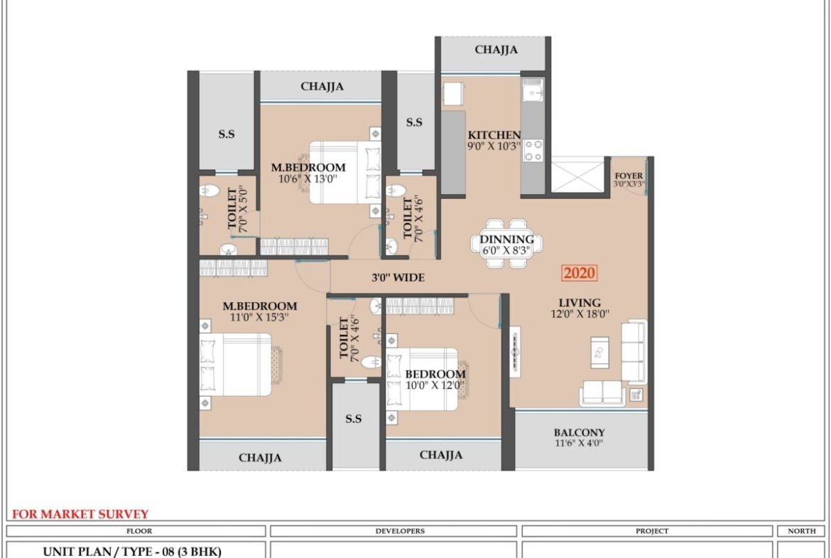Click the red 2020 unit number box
pyautogui.click(x=580, y=273)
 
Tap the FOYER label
pyautogui.click(x=629, y=176)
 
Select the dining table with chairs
pyautogui.click(x=506, y=244)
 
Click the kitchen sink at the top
pyautogui.click(x=532, y=90)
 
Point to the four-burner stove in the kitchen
pyautogui.click(x=533, y=150)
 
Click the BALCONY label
pyautogui.click(x=580, y=432)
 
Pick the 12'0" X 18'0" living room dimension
pyautogui.click(x=580, y=314)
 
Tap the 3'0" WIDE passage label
pyautogui.click(x=398, y=277)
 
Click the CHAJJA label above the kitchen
pyautogui.click(x=496, y=50)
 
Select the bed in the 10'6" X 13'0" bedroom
pyautogui.click(x=345, y=173)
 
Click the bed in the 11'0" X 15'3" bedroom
pyautogui.click(x=235, y=365)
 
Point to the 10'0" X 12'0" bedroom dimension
pyautogui.click(x=435, y=385)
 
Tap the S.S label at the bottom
pyautogui.click(x=354, y=419)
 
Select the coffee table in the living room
pyautogui.click(x=600, y=352)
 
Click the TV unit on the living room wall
pyautogui.click(x=515, y=352)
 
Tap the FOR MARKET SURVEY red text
pyautogui.click(x=80, y=514)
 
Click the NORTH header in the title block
pyautogui.click(x=801, y=531)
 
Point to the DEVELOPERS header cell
pyautogui.click(x=393, y=531)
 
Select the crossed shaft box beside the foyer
pyautogui.click(x=577, y=174)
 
